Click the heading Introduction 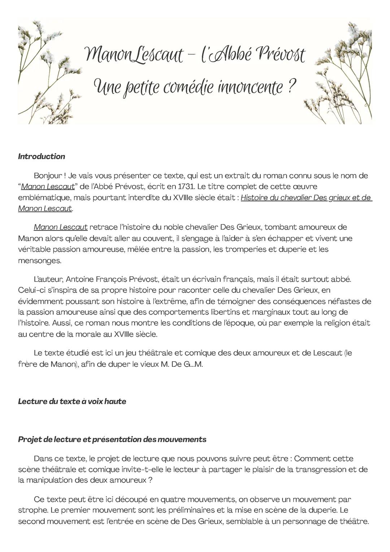tap(42, 156)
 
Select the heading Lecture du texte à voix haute tap(72, 401)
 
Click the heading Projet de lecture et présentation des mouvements tap(112, 439)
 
